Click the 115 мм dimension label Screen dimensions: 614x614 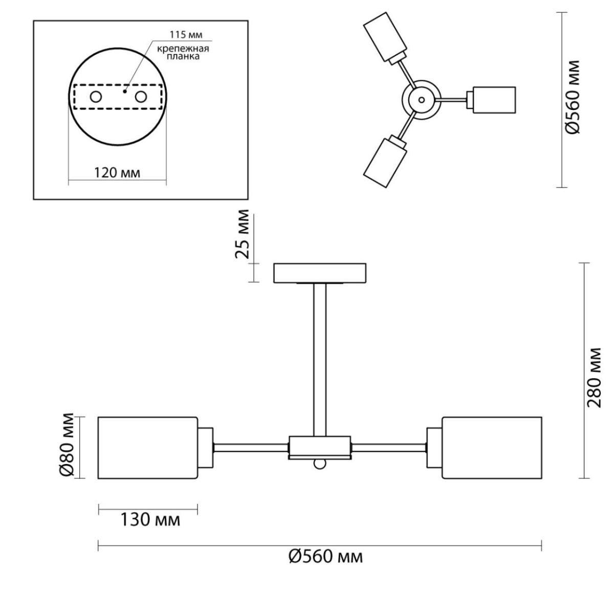(186, 35)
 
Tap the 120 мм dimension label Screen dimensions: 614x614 (117, 173)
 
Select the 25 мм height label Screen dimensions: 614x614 (242, 234)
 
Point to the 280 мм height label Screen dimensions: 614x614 (594, 378)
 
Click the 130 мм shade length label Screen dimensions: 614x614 (150, 520)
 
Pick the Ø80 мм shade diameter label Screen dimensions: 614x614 (67, 446)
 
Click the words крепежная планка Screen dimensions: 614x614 (183, 53)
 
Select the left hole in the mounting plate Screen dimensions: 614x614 (96, 97)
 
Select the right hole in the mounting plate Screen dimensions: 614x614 (141, 97)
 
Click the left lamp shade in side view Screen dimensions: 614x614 (148, 448)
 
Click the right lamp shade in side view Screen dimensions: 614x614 (492, 448)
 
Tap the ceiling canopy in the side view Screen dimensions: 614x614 (320, 273)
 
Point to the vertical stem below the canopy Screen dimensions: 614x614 (320, 360)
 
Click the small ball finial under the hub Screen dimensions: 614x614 (320, 464)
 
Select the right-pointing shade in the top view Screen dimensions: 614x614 (494, 100)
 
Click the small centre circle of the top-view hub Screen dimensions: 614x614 (422, 100)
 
